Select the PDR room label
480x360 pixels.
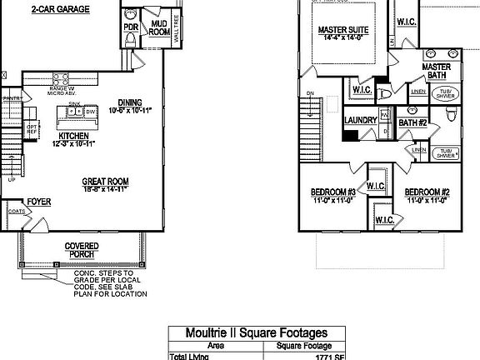pos(131,27)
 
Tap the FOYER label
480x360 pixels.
pos(38,202)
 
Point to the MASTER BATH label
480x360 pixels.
pos(437,71)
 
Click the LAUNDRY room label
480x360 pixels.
pos(360,120)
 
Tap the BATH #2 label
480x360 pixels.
pos(412,123)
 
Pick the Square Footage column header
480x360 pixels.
pos(304,346)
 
